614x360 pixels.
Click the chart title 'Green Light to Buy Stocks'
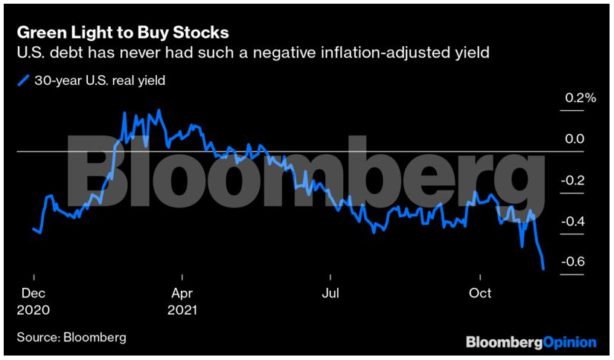[x=122, y=33]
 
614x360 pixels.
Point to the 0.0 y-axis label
[x=574, y=139]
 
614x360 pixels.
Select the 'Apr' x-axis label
[x=182, y=292]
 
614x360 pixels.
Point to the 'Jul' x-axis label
[x=330, y=292]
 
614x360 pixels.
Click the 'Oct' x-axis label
[x=480, y=292]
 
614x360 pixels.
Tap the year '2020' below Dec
[x=33, y=309]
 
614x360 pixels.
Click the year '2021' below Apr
[x=184, y=309]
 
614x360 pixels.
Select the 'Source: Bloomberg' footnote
[x=71, y=337]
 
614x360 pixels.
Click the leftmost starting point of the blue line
[x=33, y=229]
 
